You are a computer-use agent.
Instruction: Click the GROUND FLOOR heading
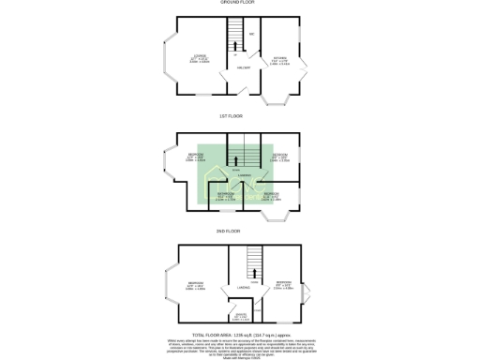tap(239, 3)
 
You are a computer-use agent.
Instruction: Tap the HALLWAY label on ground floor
tap(241, 67)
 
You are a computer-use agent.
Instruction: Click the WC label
tap(251, 36)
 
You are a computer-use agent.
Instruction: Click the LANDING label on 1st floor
tap(242, 175)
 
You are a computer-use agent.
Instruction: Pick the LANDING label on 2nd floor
tap(242, 287)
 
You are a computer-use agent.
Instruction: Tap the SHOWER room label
tap(241, 314)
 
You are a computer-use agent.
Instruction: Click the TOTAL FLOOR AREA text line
tap(239, 335)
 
